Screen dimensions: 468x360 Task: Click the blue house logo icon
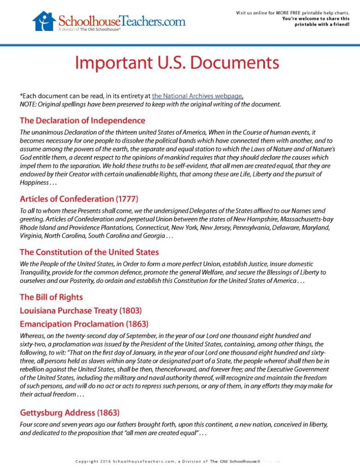click(x=44, y=21)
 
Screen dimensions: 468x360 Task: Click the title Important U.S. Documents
click(x=177, y=62)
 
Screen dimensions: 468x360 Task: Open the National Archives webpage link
click(x=197, y=96)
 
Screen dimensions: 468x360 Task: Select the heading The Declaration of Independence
click(x=82, y=121)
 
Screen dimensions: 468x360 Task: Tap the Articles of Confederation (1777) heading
click(x=79, y=199)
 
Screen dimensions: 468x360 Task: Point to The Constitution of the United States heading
click(x=89, y=252)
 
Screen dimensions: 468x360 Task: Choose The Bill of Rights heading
click(x=51, y=297)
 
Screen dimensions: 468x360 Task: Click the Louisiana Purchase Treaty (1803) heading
click(x=80, y=310)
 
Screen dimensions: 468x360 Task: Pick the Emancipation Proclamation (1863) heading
click(x=84, y=324)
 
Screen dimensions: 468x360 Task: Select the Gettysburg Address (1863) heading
click(x=69, y=413)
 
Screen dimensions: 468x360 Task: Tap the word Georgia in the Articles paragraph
click(x=150, y=235)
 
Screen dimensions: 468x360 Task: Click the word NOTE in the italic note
click(x=28, y=104)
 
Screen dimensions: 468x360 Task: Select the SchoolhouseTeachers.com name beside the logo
click(x=122, y=21)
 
